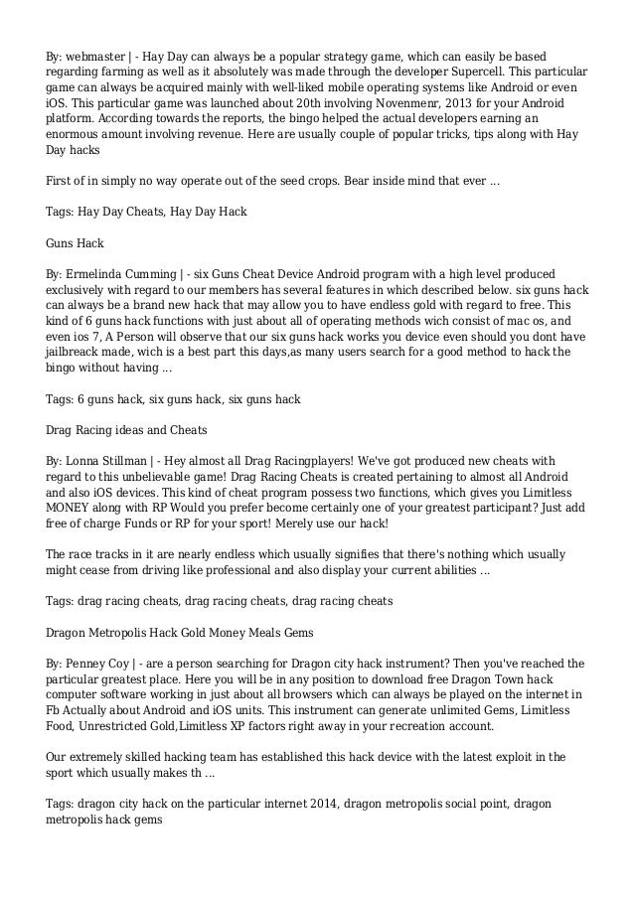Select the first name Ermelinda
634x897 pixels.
(102, 274)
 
